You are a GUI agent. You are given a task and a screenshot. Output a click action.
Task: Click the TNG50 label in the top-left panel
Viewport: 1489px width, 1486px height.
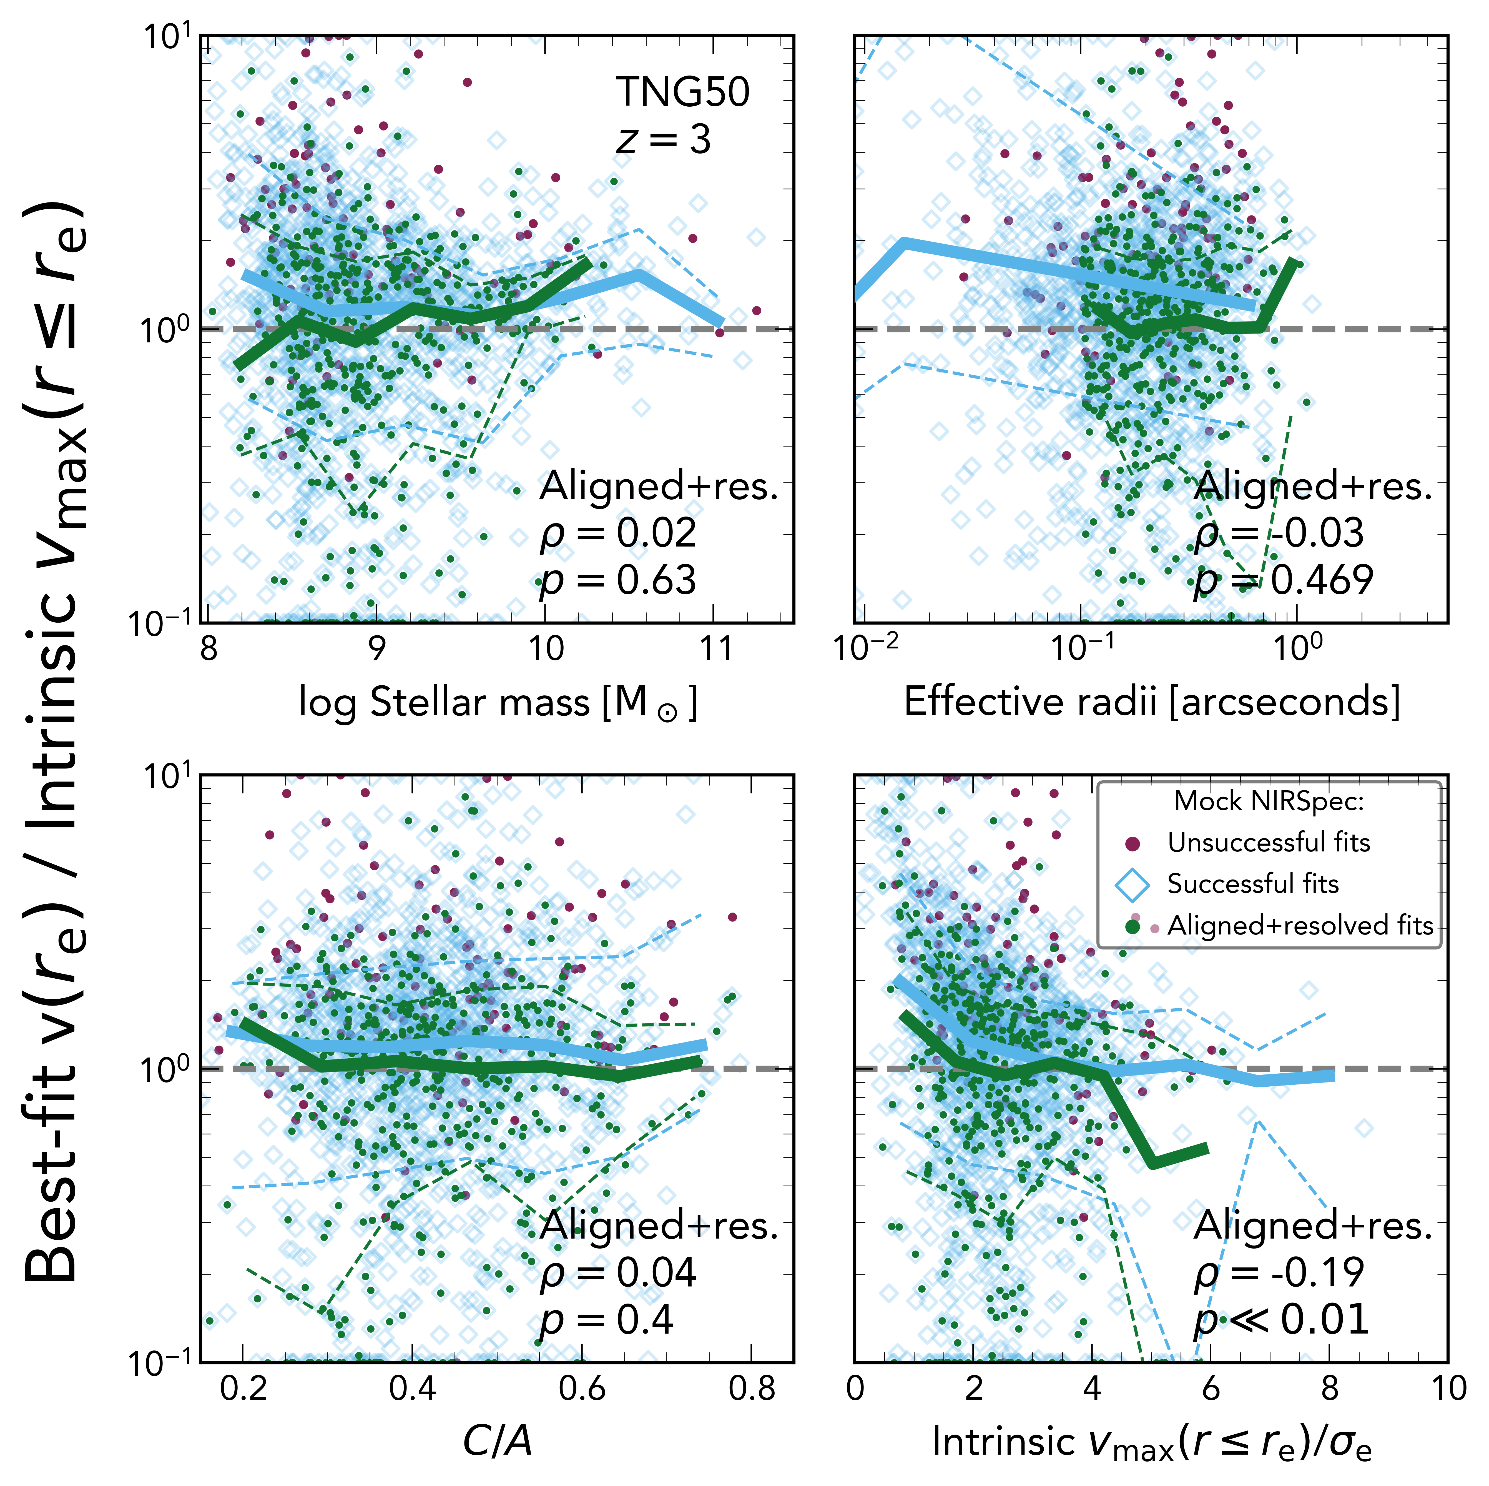(682, 92)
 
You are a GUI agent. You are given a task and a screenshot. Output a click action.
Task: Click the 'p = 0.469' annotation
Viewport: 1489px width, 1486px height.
(1283, 580)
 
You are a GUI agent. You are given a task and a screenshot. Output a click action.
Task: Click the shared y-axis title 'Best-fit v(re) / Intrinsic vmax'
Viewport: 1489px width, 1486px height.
(54, 740)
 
